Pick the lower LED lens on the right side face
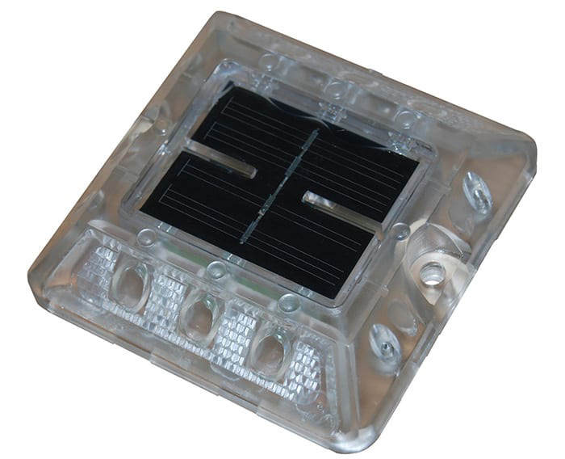385,343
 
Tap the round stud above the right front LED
288,304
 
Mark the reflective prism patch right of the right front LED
311,368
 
